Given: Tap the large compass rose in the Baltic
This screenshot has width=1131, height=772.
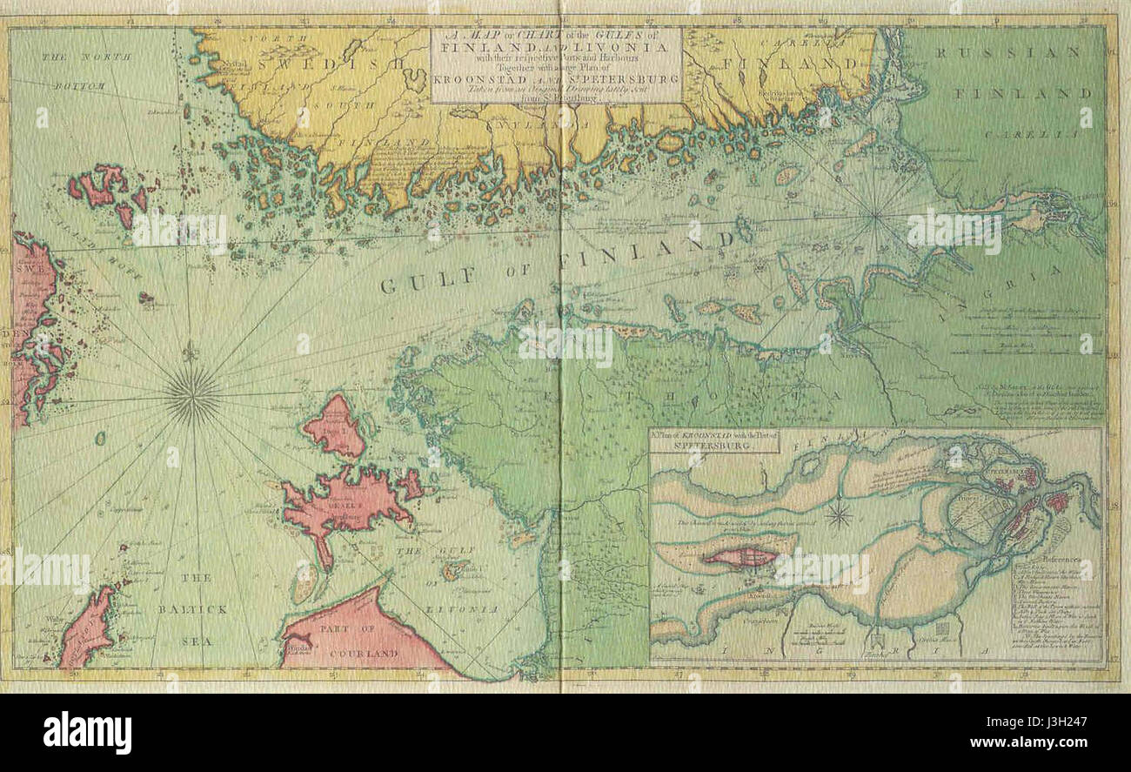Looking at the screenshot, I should click(192, 394).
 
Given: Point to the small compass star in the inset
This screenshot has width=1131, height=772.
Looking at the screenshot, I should click(839, 516).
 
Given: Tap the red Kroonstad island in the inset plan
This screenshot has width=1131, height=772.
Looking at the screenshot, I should click(739, 556).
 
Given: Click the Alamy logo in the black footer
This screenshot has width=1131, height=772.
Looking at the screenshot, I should click(87, 732).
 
